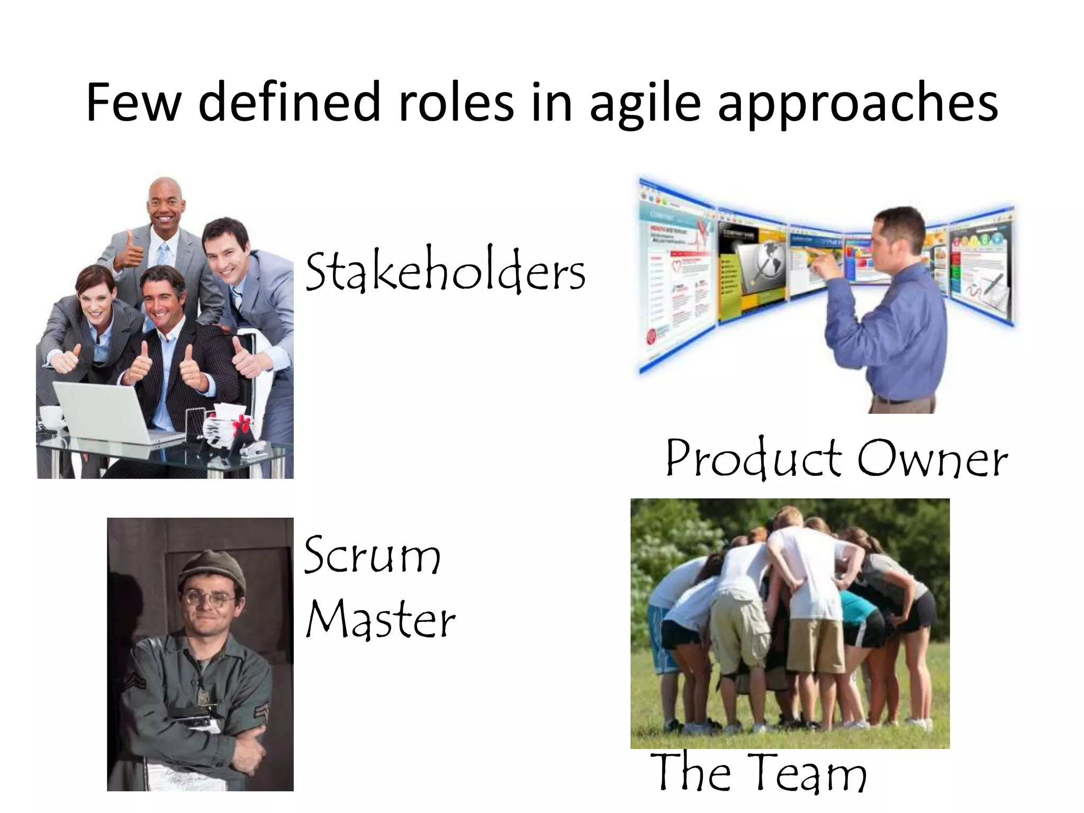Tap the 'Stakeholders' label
445,272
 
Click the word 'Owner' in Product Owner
932,458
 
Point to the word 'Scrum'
372,556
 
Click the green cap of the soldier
211,569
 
